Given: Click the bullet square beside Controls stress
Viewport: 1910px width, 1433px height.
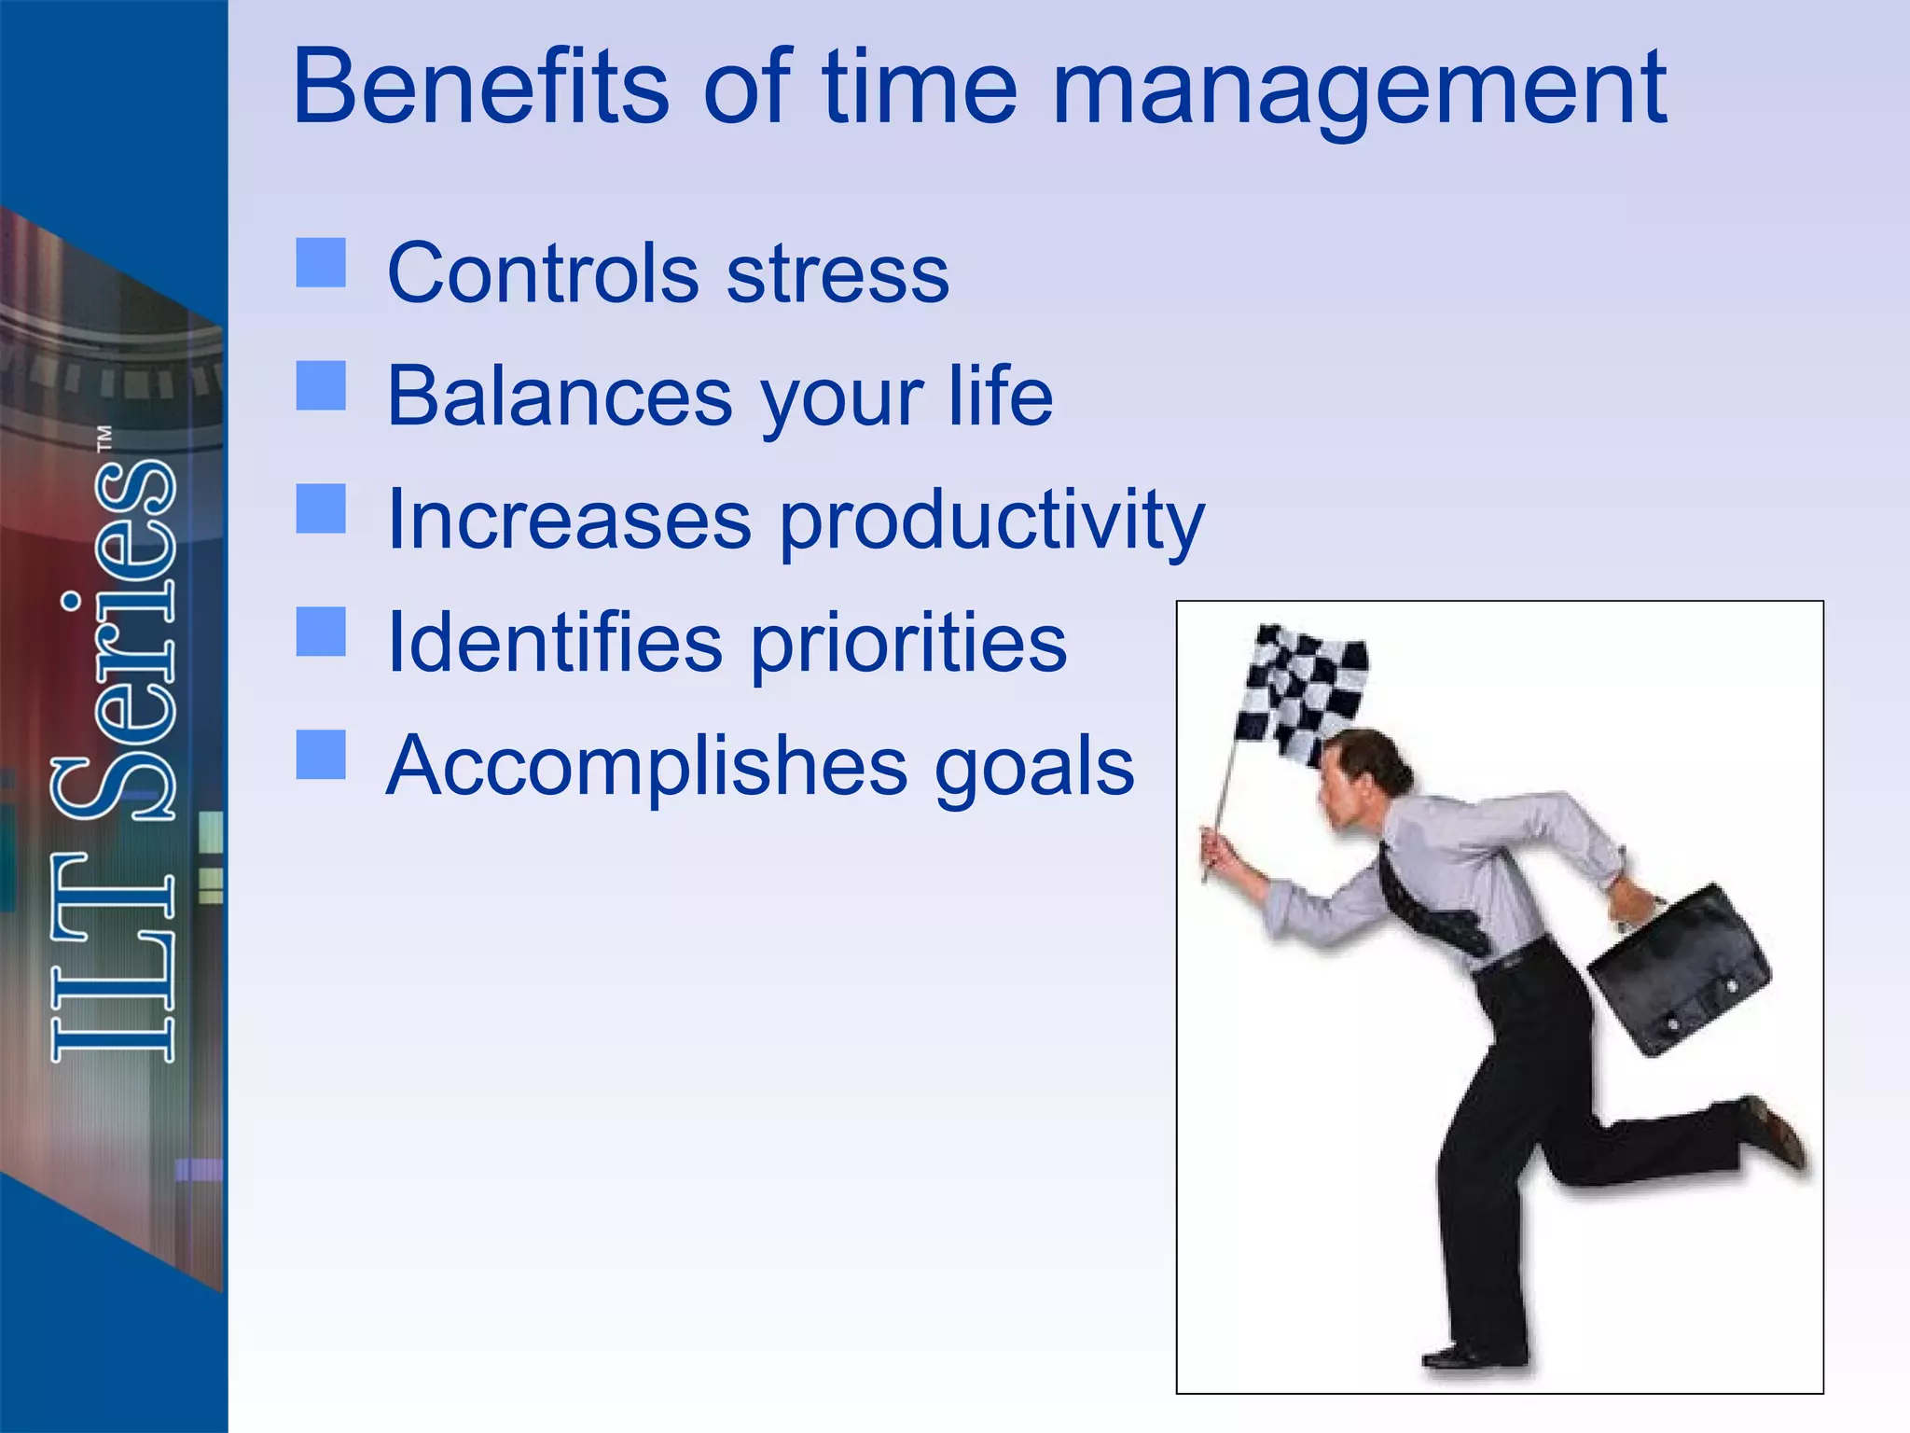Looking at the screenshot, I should pos(321,262).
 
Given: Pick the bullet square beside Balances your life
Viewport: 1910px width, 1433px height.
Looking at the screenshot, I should pos(321,385).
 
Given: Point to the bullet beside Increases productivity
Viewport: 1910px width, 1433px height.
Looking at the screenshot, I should pos(321,508).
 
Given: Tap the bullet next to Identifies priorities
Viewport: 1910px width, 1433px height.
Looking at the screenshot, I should pos(321,632).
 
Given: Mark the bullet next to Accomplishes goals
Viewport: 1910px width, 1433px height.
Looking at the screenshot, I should pos(321,755).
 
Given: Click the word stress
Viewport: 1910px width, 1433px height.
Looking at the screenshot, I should pos(837,274).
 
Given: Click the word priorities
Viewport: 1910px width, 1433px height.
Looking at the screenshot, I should pos(908,644).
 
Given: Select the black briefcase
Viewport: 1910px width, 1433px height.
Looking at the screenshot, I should pos(1679,970).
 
